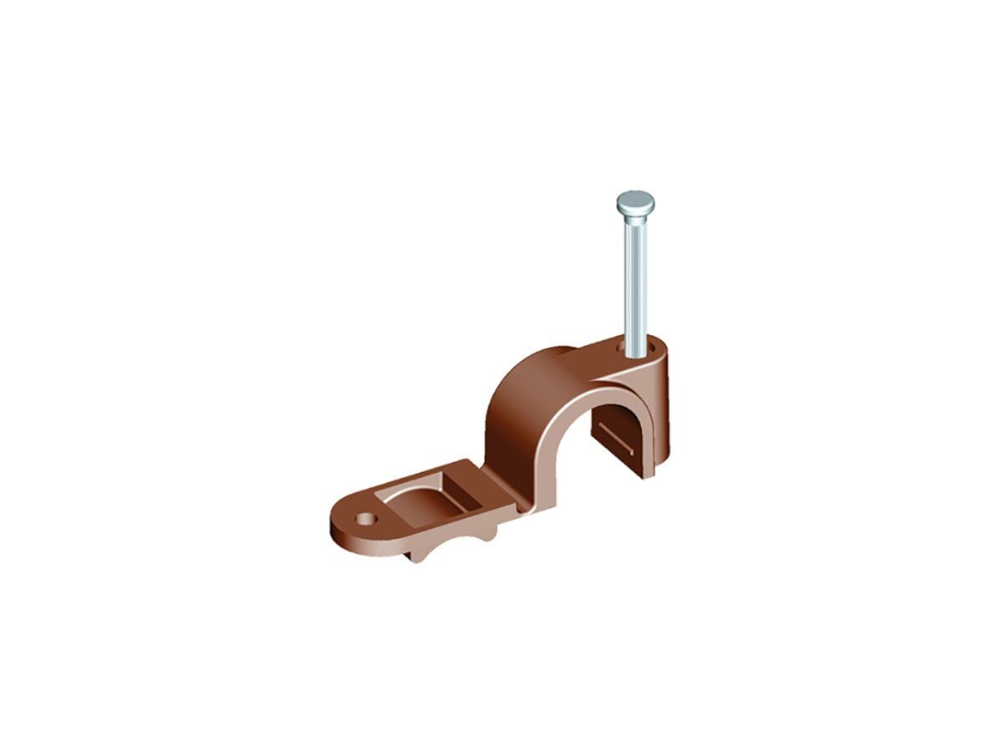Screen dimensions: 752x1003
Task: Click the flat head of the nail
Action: click(634, 202)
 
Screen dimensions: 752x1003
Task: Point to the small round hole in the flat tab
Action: click(365, 519)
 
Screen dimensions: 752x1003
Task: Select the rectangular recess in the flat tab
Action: click(426, 496)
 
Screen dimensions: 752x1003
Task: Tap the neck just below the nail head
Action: click(634, 219)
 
